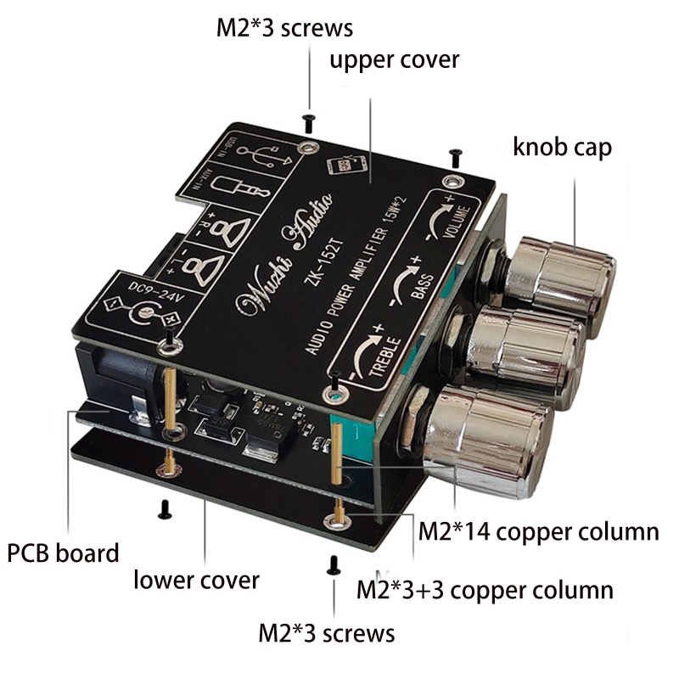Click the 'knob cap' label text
point(562,146)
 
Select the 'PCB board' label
point(63,553)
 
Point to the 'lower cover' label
point(196,581)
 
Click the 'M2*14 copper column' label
point(540,532)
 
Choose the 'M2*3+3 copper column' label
point(485,589)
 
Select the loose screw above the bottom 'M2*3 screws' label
point(334,563)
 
